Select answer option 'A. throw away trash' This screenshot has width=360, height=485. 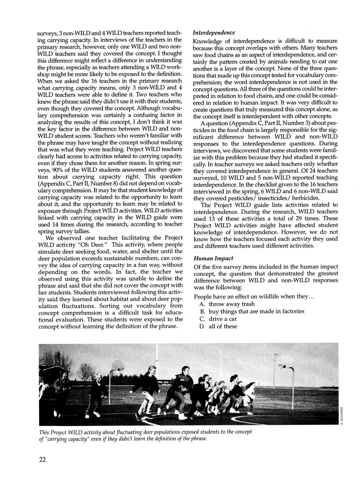pos(227,304)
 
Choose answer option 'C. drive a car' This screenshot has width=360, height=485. pos(218,319)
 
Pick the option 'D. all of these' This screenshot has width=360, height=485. pos(218,326)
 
